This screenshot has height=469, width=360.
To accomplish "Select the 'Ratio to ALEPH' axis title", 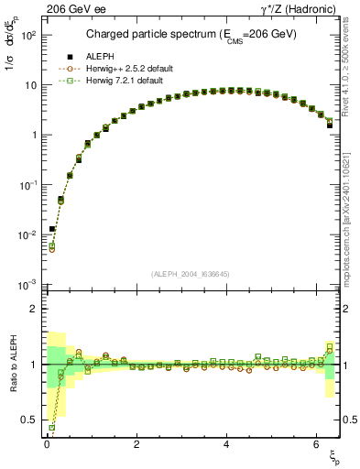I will [x=11, y=365].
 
